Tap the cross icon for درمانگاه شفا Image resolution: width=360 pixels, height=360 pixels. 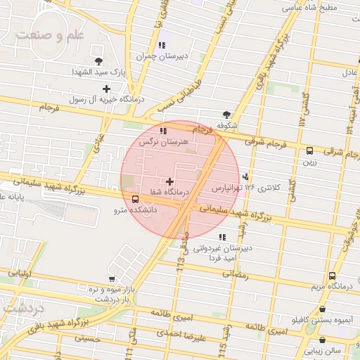(x=169, y=181)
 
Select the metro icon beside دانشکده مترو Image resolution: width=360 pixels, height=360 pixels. (x=135, y=199)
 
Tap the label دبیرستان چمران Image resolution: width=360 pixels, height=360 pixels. (x=154, y=55)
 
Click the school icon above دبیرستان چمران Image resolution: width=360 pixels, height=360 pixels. (x=162, y=46)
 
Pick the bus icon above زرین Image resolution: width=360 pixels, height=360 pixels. (x=309, y=150)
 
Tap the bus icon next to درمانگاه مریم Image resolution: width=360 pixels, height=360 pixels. (x=332, y=276)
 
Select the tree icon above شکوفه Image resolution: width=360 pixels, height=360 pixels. (x=226, y=115)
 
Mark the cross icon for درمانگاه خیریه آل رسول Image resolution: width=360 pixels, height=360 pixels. (x=106, y=89)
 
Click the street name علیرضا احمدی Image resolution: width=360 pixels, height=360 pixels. (x=182, y=336)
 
